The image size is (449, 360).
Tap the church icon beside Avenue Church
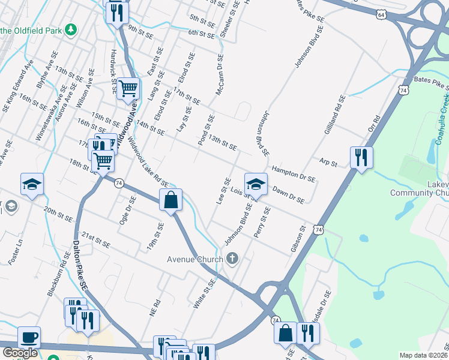[x=232, y=259]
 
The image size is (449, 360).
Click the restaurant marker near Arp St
[x=361, y=158]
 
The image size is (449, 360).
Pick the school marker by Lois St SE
[x=256, y=183]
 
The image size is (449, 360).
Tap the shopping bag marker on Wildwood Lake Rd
[x=171, y=200]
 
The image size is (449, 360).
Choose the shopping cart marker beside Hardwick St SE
[x=128, y=89]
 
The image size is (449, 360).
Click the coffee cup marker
[x=29, y=337]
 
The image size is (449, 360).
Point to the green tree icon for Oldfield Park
[x=71, y=29]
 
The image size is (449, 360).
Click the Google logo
[x=20, y=353]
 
